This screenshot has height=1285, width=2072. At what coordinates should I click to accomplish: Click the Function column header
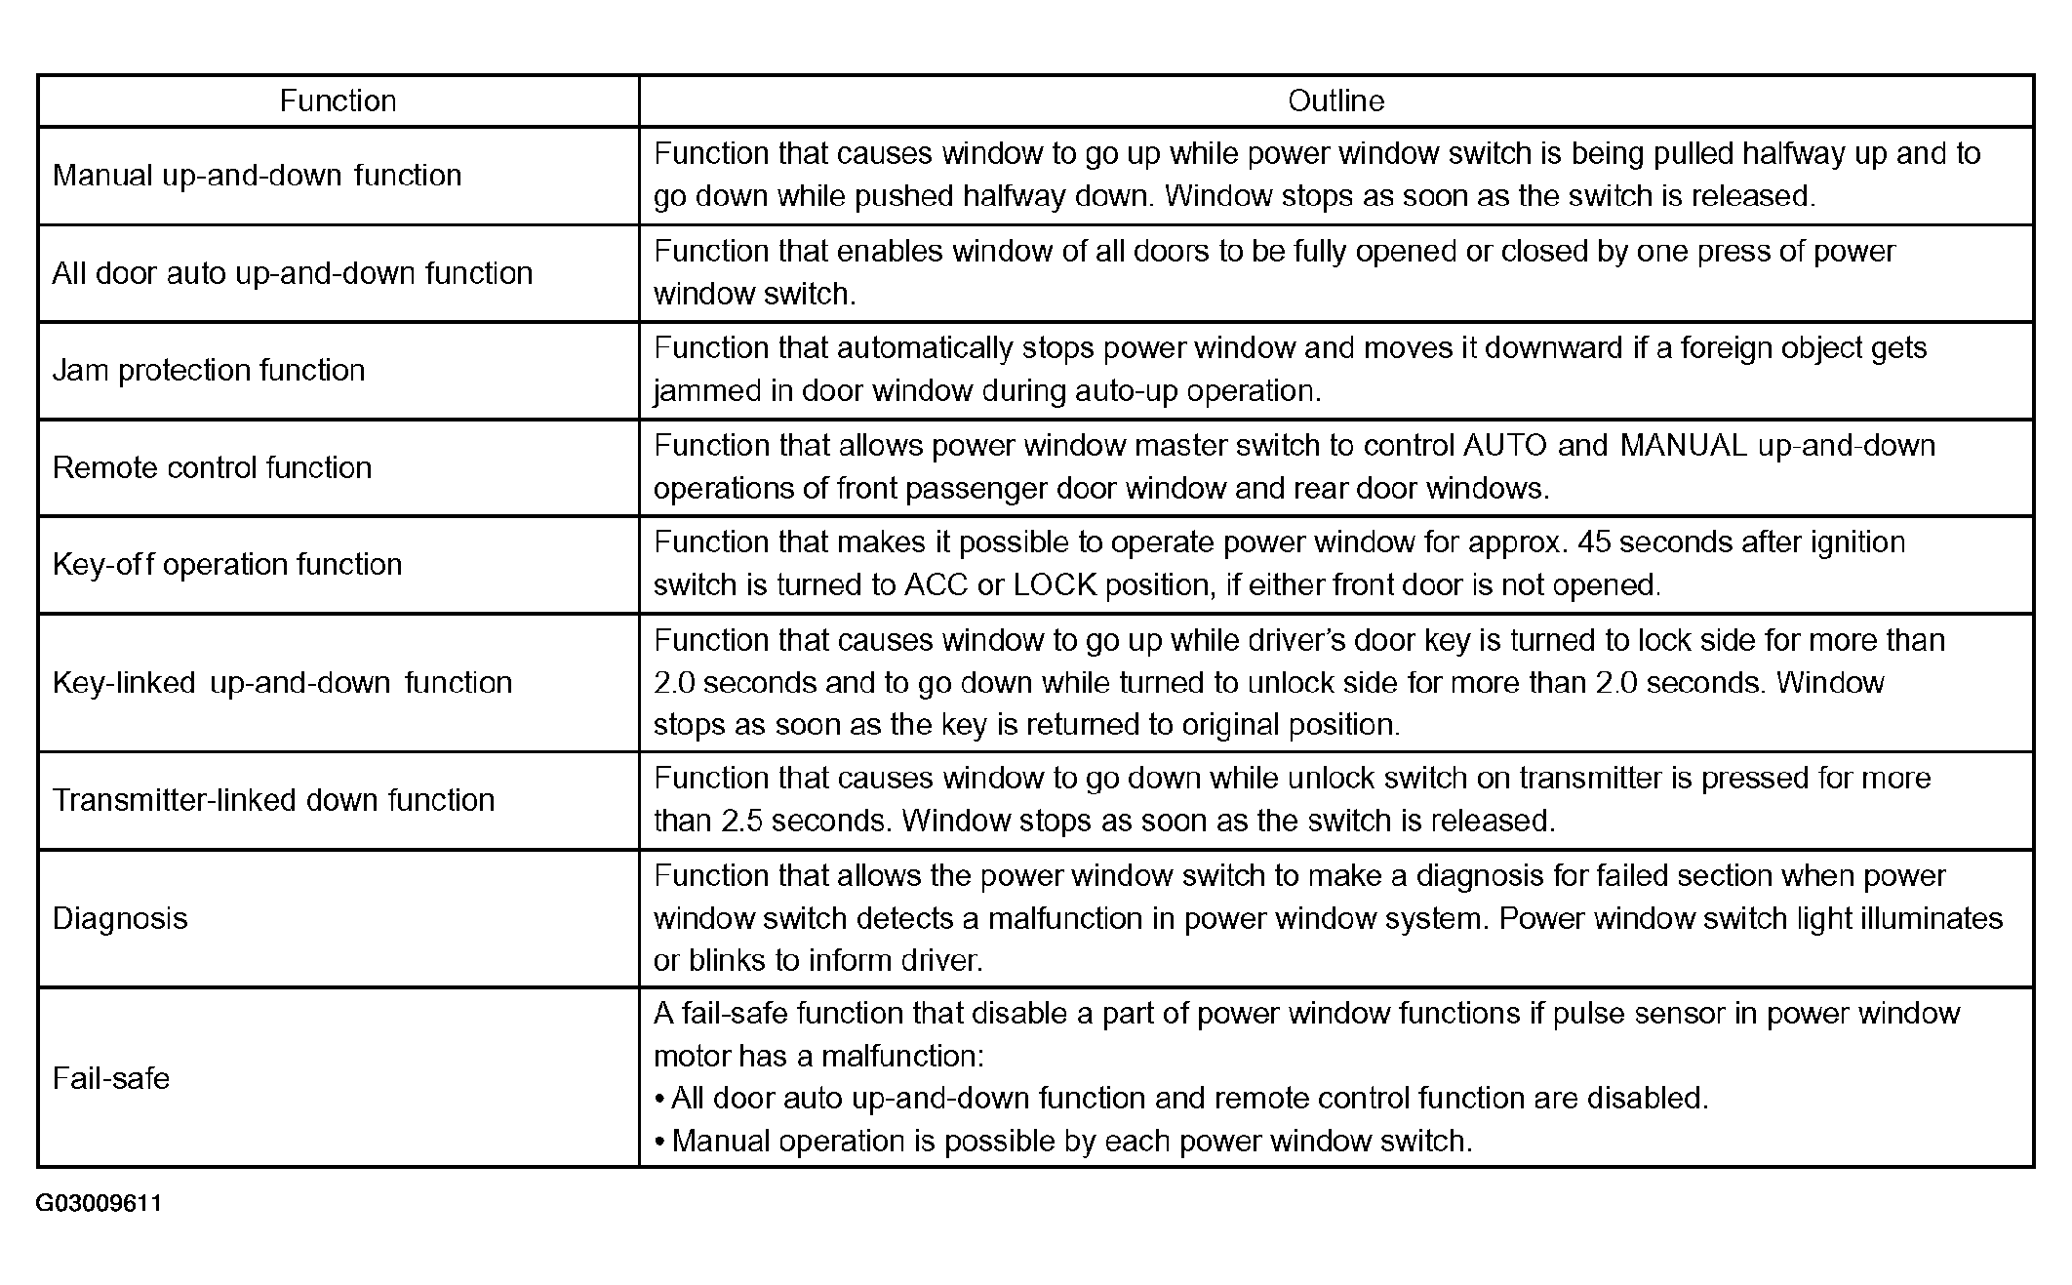[338, 100]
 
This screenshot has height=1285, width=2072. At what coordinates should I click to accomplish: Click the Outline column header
[1335, 100]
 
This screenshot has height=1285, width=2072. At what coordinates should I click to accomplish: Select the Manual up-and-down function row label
[257, 176]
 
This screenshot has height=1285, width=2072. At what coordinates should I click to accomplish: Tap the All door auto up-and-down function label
[293, 273]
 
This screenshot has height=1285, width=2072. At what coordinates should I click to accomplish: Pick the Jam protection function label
[209, 371]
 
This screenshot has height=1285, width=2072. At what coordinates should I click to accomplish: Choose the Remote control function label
[212, 468]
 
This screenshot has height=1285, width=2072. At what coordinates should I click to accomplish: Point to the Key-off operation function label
[227, 565]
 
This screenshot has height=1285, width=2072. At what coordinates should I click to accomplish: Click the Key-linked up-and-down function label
[282, 682]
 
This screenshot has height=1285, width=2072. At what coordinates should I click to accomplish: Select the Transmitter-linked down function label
[273, 800]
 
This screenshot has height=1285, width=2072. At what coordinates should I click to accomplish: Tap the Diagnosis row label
[120, 918]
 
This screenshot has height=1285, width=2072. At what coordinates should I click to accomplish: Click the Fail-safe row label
[111, 1078]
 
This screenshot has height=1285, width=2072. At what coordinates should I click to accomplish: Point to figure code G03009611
[99, 1203]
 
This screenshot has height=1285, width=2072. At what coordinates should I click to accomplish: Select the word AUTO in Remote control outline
[1505, 446]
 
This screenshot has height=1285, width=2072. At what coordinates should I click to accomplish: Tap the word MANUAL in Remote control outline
[1683, 446]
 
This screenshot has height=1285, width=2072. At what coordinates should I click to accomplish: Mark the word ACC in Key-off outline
[936, 585]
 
